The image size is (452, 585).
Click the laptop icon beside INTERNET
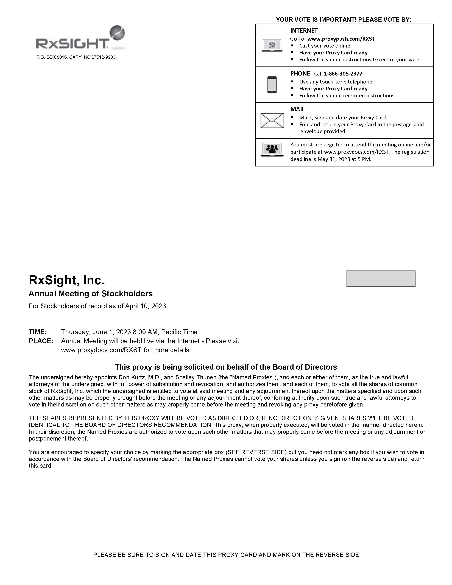[x=272, y=45]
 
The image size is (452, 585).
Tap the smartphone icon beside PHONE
[x=272, y=85]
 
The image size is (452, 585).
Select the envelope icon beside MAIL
[x=272, y=121]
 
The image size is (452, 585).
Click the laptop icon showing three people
[x=272, y=149]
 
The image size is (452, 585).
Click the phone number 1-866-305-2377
[x=343, y=74]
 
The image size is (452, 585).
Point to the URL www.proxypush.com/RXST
[x=341, y=39]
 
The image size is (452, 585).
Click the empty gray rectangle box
[x=381, y=279]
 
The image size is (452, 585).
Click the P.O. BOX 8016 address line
[x=76, y=57]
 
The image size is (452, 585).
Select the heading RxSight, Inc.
[x=66, y=280]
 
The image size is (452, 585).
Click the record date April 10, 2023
[x=145, y=306]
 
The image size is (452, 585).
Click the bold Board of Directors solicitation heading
[x=226, y=367]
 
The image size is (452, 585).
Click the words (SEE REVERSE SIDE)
[x=256, y=452]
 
